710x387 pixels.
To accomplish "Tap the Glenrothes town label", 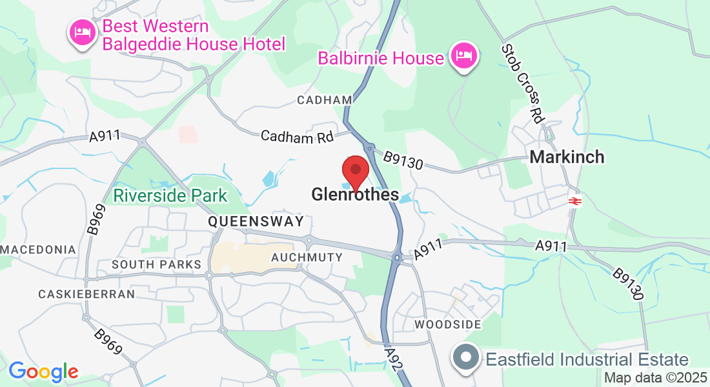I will point(354,194).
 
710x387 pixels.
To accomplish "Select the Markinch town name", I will point(567,157).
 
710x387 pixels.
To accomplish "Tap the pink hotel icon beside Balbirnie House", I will point(464,56).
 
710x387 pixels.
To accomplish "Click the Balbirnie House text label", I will point(381,59).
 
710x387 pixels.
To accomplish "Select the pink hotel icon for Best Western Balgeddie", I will point(83,33).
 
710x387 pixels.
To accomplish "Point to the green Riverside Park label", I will point(170,196).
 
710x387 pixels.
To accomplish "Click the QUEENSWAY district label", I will point(256,222).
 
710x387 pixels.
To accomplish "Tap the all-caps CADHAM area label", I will point(325,100).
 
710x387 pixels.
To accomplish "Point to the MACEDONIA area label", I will point(38,250).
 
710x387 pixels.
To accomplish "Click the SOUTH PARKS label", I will point(157,264).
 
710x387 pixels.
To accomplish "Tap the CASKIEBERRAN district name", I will point(86,294).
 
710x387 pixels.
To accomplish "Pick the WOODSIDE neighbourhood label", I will point(448,324).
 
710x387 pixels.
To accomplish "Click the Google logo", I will point(43,372).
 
